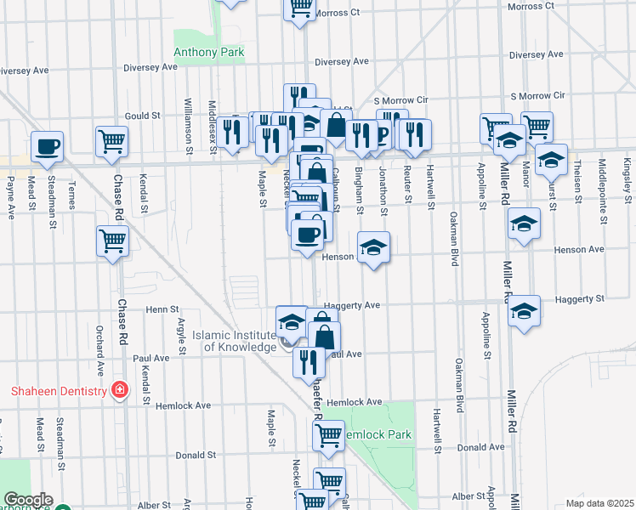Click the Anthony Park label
(x=208, y=53)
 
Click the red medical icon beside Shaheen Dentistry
(x=120, y=390)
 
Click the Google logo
(x=28, y=500)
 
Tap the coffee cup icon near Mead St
(x=48, y=146)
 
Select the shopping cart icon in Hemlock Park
(x=328, y=436)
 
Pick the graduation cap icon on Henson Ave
(x=373, y=247)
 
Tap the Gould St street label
(x=143, y=116)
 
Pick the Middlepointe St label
(x=603, y=191)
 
